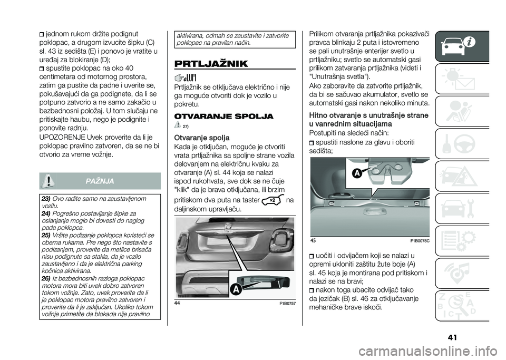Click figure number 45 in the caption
(313, 241)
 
